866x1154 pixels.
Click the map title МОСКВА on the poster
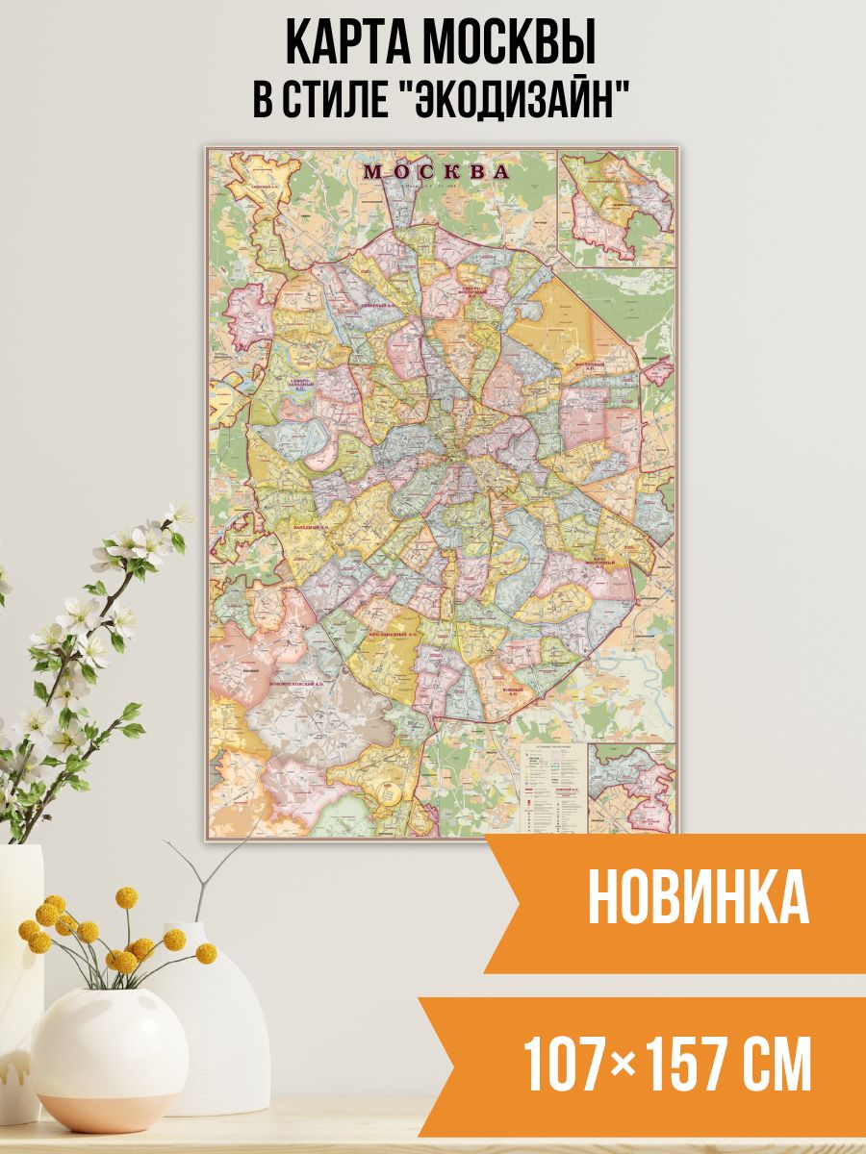coord(436,172)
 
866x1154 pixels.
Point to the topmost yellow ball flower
coord(126,896)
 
